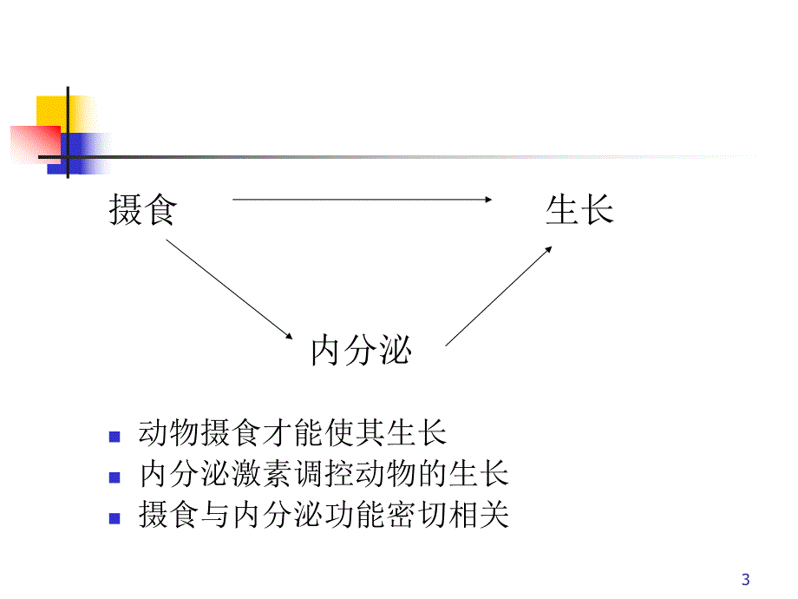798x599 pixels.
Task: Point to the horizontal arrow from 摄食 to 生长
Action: pos(362,200)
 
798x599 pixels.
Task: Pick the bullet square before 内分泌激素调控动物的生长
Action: pos(114,477)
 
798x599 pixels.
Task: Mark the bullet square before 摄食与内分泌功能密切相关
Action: pos(114,519)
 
